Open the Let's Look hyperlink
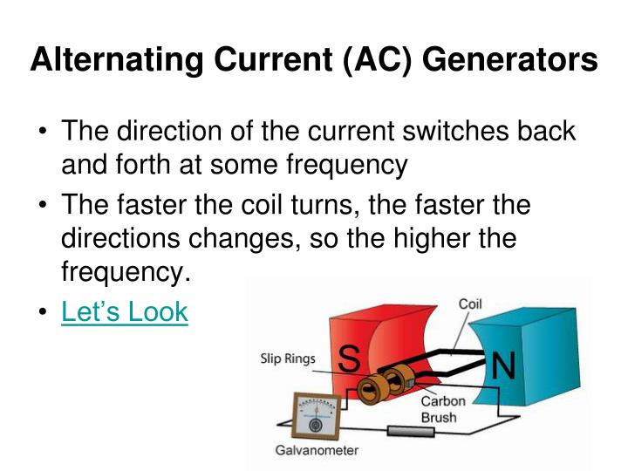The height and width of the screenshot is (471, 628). click(x=124, y=311)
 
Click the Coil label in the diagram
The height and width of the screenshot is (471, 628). click(x=470, y=304)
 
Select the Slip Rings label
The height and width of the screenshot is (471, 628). click(x=287, y=358)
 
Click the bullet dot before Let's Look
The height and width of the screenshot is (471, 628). click(x=44, y=312)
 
